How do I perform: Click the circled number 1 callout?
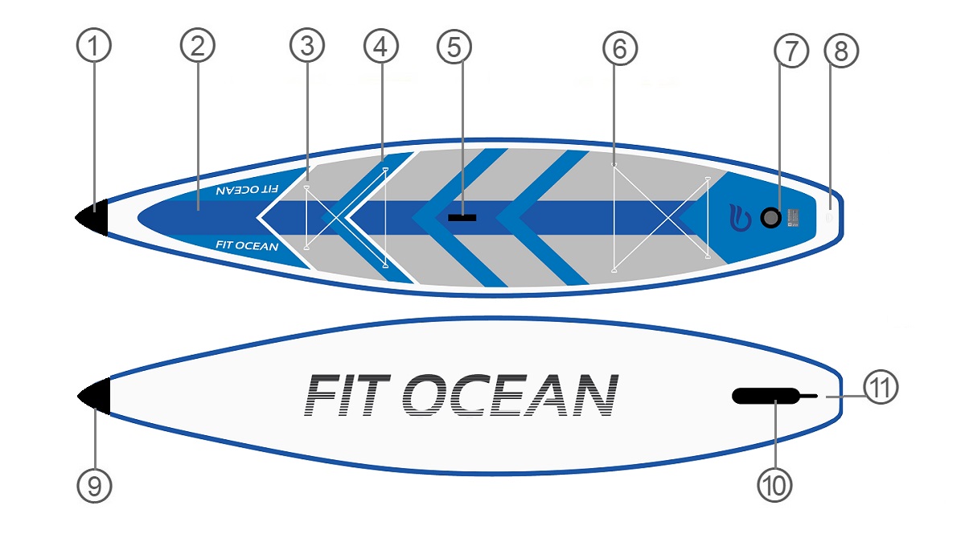[94, 47]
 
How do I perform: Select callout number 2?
[198, 47]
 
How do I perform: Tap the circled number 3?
[306, 47]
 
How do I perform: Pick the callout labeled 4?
[381, 47]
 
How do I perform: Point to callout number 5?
[455, 47]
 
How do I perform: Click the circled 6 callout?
[619, 49]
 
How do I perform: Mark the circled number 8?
[841, 51]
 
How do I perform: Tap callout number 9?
[94, 486]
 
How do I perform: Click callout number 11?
[881, 389]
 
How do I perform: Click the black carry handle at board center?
[462, 217]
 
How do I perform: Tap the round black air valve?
[770, 217]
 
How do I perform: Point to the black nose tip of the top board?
[94, 218]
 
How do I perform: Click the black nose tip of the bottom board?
[96, 396]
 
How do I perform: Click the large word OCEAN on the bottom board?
[509, 396]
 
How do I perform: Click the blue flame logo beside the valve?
[739, 217]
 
